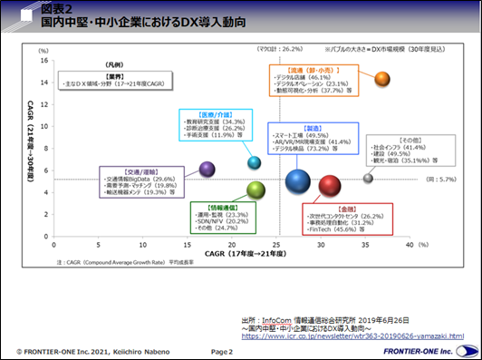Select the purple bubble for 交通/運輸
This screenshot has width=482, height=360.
(x=207, y=169)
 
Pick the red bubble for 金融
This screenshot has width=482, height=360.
(x=330, y=186)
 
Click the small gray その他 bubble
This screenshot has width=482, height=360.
(x=369, y=178)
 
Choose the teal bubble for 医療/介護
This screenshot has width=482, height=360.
(x=255, y=162)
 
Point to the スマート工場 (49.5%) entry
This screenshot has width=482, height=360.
(x=301, y=135)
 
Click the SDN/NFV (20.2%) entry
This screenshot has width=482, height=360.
(x=216, y=220)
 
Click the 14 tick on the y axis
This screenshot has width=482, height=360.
(x=43, y=79)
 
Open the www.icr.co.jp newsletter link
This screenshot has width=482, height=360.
(x=352, y=336)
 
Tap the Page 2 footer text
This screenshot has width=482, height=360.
(x=223, y=350)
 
